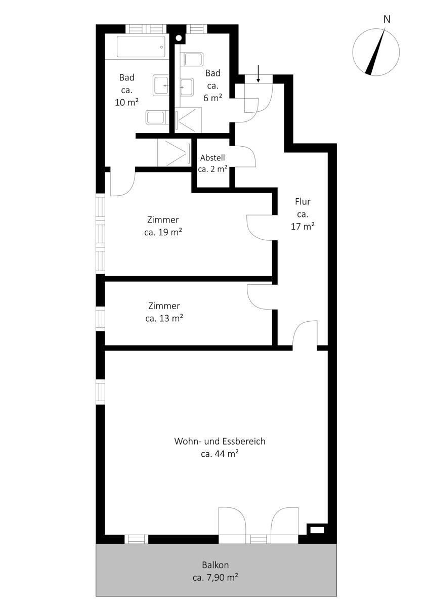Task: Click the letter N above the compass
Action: (387, 20)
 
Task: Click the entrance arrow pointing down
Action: (259, 74)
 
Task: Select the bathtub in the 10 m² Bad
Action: (141, 47)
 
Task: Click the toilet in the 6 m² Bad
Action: (194, 59)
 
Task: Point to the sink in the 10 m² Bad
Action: (161, 86)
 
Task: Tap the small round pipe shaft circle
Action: (179, 37)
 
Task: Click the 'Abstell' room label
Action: (212, 158)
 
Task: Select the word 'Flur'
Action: (303, 202)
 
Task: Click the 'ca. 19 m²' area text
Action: (163, 233)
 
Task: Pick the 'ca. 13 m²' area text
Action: (164, 318)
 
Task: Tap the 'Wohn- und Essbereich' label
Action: (220, 441)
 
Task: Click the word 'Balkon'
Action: (219, 565)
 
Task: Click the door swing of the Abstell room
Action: (245, 156)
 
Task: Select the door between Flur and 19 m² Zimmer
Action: (259, 227)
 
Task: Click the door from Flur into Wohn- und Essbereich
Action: (305, 334)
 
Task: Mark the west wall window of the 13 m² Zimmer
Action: (101, 319)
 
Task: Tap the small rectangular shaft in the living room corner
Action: (317, 530)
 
